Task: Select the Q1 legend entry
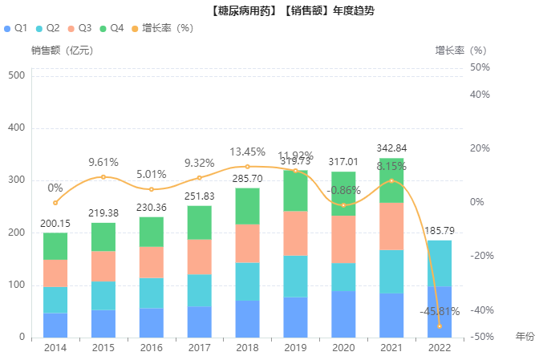[x=16, y=28]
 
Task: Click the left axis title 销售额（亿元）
[x=62, y=51]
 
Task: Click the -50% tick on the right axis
[x=481, y=338]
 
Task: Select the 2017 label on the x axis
[x=199, y=348]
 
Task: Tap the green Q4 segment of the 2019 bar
[x=295, y=191]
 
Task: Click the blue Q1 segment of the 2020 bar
[x=343, y=314]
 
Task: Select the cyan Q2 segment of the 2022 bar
[x=440, y=264]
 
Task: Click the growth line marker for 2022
[x=440, y=326]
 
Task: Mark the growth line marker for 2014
[x=55, y=202]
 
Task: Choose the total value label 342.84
[x=391, y=148]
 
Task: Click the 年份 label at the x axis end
[x=525, y=336]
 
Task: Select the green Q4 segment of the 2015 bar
[x=103, y=237]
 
